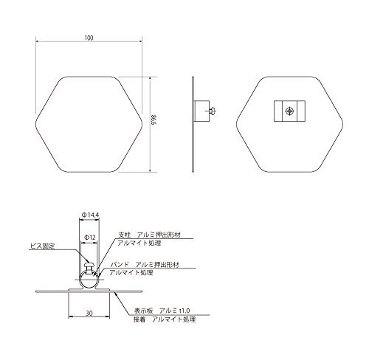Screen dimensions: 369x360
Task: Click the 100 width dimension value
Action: tap(89, 38)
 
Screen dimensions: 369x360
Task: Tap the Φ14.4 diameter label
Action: tap(90, 215)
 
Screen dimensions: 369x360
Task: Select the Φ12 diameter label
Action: tap(89, 238)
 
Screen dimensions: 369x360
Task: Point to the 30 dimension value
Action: tap(89, 314)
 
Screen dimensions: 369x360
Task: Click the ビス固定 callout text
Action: tap(42, 246)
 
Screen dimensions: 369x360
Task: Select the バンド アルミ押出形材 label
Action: tap(145, 265)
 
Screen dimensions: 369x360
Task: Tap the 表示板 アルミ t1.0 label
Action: tap(162, 311)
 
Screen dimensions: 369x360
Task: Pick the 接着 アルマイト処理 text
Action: tap(165, 319)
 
